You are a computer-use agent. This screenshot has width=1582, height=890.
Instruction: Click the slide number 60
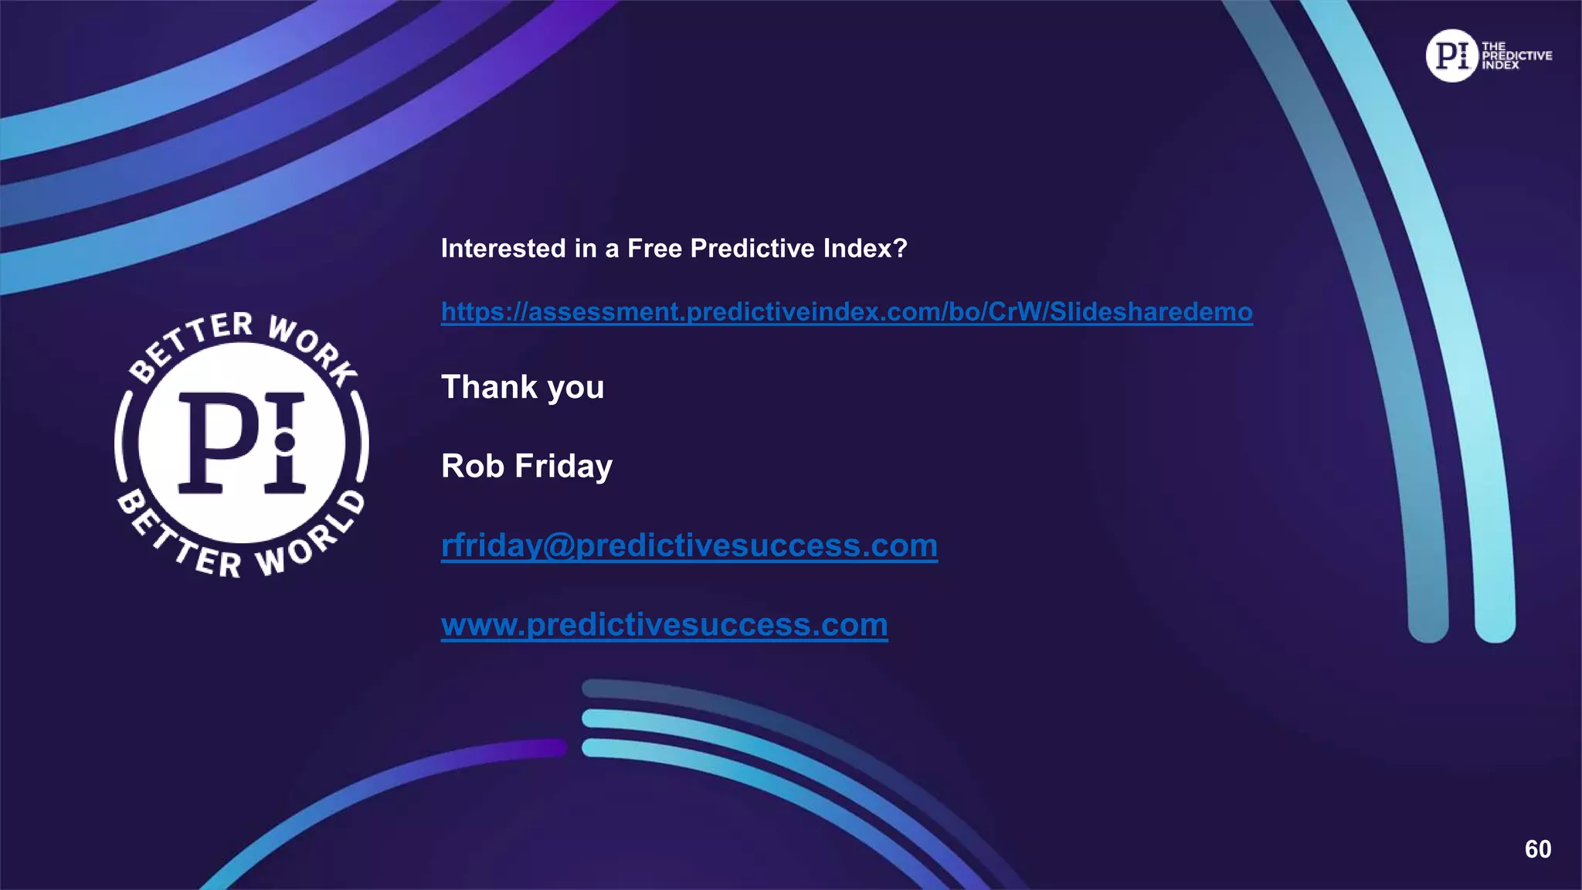[1537, 849]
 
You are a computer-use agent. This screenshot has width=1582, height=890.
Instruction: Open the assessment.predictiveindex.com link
[846, 312]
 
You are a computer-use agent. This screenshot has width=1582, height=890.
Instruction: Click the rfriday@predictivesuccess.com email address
[689, 545]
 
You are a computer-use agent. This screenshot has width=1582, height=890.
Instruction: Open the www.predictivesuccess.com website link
[664, 624]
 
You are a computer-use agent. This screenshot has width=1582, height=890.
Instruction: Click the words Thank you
[522, 387]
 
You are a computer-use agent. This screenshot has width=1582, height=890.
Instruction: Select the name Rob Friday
[527, 466]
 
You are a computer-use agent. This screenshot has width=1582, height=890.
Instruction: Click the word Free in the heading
[655, 249]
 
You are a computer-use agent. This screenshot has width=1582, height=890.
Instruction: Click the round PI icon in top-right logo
[1451, 56]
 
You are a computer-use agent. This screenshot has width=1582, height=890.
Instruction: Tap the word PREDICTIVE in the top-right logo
[1516, 56]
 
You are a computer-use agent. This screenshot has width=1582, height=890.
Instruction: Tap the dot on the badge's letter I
[284, 442]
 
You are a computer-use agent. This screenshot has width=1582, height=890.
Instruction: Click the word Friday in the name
[563, 466]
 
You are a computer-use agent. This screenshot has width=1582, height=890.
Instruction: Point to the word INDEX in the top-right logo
[1499, 66]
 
